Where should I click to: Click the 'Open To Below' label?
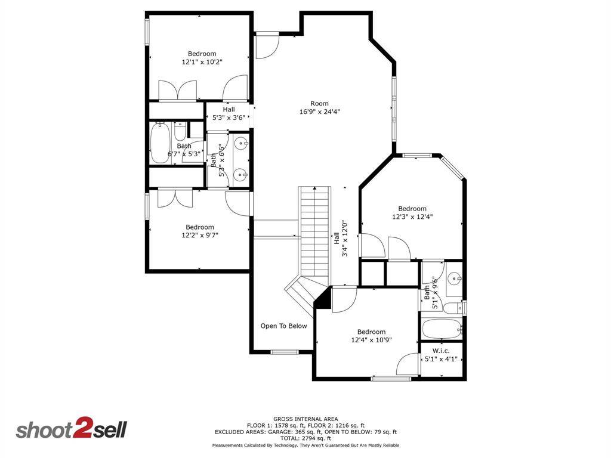pyautogui.click(x=283, y=326)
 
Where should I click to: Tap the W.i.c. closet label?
pyautogui.click(x=441, y=351)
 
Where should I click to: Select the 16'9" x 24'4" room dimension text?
pyautogui.click(x=320, y=112)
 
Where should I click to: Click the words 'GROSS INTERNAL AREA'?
pyautogui.click(x=305, y=419)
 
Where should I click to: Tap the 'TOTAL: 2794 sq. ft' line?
pyautogui.click(x=305, y=438)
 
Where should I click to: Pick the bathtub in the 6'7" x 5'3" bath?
pyautogui.click(x=160, y=143)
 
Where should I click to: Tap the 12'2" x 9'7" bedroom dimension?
pyautogui.click(x=200, y=235)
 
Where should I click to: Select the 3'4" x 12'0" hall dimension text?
pyautogui.click(x=344, y=239)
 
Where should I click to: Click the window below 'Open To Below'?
pyautogui.click(x=285, y=352)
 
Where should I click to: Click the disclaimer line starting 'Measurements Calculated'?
pyautogui.click(x=305, y=445)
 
